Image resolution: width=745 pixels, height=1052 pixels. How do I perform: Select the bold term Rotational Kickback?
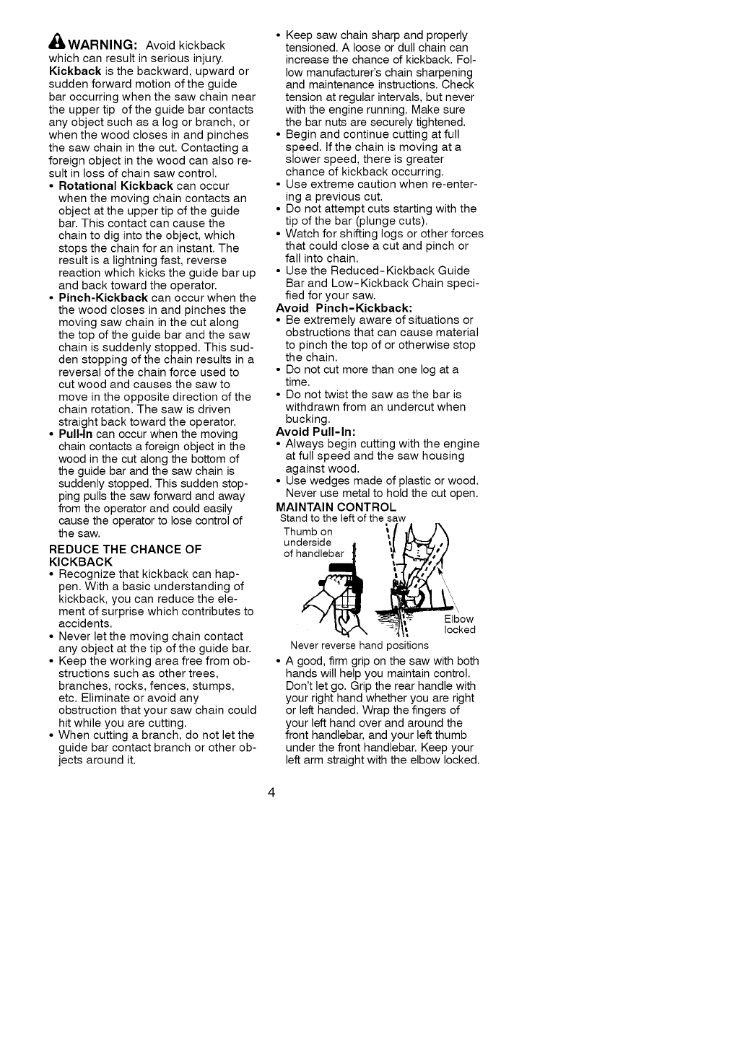(116, 185)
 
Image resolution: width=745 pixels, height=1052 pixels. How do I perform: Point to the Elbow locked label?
(460, 624)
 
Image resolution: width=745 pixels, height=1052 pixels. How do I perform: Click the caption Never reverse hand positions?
(359, 645)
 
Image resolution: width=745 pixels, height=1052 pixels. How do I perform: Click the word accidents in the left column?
(85, 623)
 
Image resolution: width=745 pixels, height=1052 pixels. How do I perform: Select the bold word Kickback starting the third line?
(74, 70)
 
